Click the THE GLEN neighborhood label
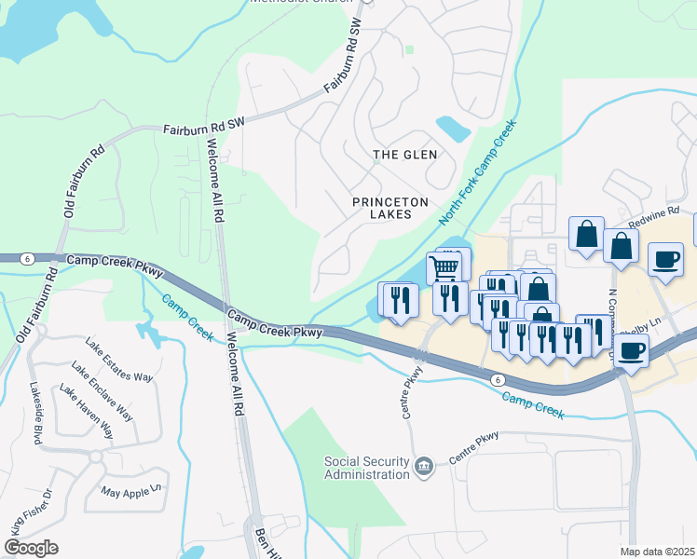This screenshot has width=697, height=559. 404,155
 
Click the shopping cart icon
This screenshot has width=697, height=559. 445,267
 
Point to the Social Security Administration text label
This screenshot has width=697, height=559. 366,468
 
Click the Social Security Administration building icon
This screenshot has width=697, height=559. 423,465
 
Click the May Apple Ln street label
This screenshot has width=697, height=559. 131,488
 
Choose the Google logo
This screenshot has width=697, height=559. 31,548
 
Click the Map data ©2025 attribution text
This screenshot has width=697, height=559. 658,552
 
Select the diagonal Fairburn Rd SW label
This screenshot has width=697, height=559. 342,56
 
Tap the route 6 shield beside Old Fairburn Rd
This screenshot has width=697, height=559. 29,258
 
